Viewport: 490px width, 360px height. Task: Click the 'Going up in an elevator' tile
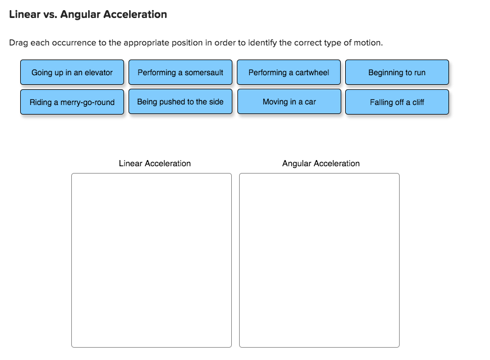(72, 72)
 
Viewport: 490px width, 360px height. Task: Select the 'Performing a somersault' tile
(180, 72)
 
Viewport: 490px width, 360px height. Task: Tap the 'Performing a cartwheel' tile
(288, 72)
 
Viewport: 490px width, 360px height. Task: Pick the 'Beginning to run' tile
(397, 72)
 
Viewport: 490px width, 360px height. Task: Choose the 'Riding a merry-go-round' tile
(72, 102)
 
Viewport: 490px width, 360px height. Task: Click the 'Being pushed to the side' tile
(180, 102)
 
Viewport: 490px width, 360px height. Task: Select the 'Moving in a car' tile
(288, 102)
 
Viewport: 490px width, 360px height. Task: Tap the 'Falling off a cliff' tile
(397, 102)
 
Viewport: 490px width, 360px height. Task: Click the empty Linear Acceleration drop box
(151, 260)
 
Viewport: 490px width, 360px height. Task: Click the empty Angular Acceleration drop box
(319, 260)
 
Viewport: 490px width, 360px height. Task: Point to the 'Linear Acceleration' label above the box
(154, 163)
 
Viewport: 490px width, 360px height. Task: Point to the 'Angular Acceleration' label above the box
(320, 163)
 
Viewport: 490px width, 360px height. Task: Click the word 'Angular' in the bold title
(81, 15)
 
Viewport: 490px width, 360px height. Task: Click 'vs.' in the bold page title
(50, 15)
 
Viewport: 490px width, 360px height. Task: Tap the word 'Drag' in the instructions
(19, 43)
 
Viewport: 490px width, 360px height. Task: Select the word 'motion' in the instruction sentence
(369, 43)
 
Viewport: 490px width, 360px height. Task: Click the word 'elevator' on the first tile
(99, 72)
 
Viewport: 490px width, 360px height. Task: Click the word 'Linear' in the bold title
(24, 15)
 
